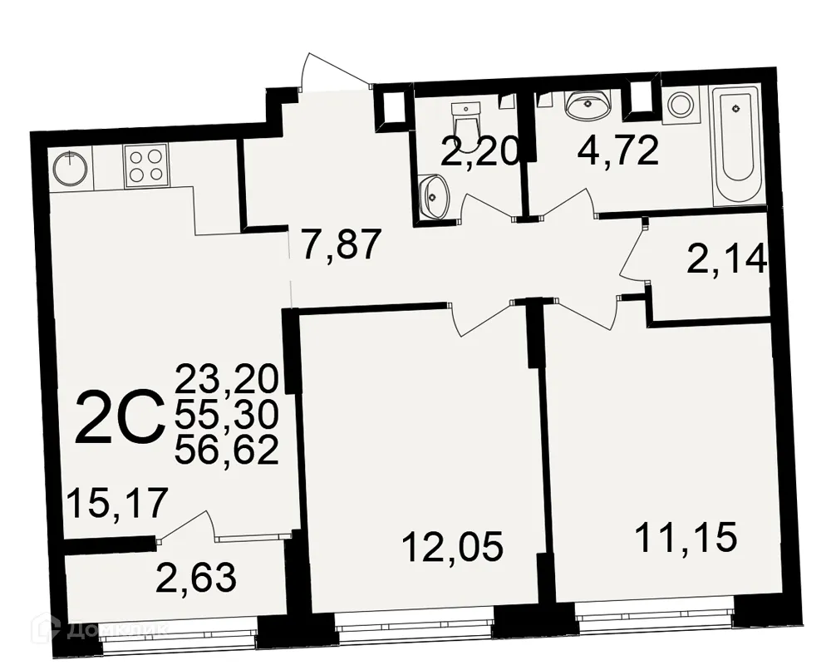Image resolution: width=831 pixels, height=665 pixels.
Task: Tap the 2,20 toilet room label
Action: tap(479, 151)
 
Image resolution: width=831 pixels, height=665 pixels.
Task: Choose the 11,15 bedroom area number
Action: tap(686, 537)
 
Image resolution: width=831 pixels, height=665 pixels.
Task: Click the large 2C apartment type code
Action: tap(118, 419)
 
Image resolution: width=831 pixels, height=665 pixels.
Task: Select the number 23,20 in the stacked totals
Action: tap(226, 381)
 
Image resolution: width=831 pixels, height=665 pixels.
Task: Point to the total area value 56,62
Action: tap(226, 451)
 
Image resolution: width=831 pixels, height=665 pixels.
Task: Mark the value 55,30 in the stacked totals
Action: tap(226, 416)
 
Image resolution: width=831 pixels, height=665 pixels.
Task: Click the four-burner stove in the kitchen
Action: tap(146, 165)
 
